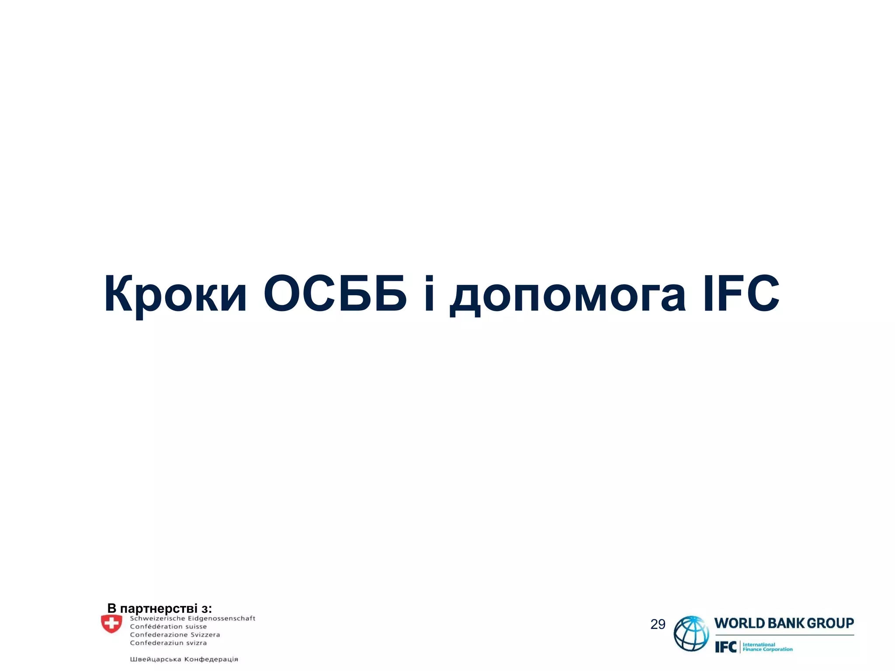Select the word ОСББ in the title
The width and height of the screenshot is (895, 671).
pos(335,294)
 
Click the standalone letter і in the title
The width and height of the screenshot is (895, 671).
pos(429,294)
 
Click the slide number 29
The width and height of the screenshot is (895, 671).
pos(657,624)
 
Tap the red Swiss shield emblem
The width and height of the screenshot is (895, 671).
pos(111,624)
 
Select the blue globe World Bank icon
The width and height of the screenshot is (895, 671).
pos(691,633)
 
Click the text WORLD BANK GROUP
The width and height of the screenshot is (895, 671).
pos(784,623)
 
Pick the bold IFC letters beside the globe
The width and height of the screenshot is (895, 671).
pos(726,647)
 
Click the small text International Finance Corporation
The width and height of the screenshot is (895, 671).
pos(767,647)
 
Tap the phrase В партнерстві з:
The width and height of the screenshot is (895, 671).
pos(160,608)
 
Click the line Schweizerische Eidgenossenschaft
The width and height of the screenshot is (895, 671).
pos(192,619)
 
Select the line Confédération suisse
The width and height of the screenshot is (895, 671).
pos(168,626)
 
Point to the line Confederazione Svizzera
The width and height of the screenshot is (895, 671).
pos(175,635)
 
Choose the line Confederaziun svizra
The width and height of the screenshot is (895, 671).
pos(168,643)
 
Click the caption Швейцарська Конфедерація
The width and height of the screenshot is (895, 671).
pos(184,659)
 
